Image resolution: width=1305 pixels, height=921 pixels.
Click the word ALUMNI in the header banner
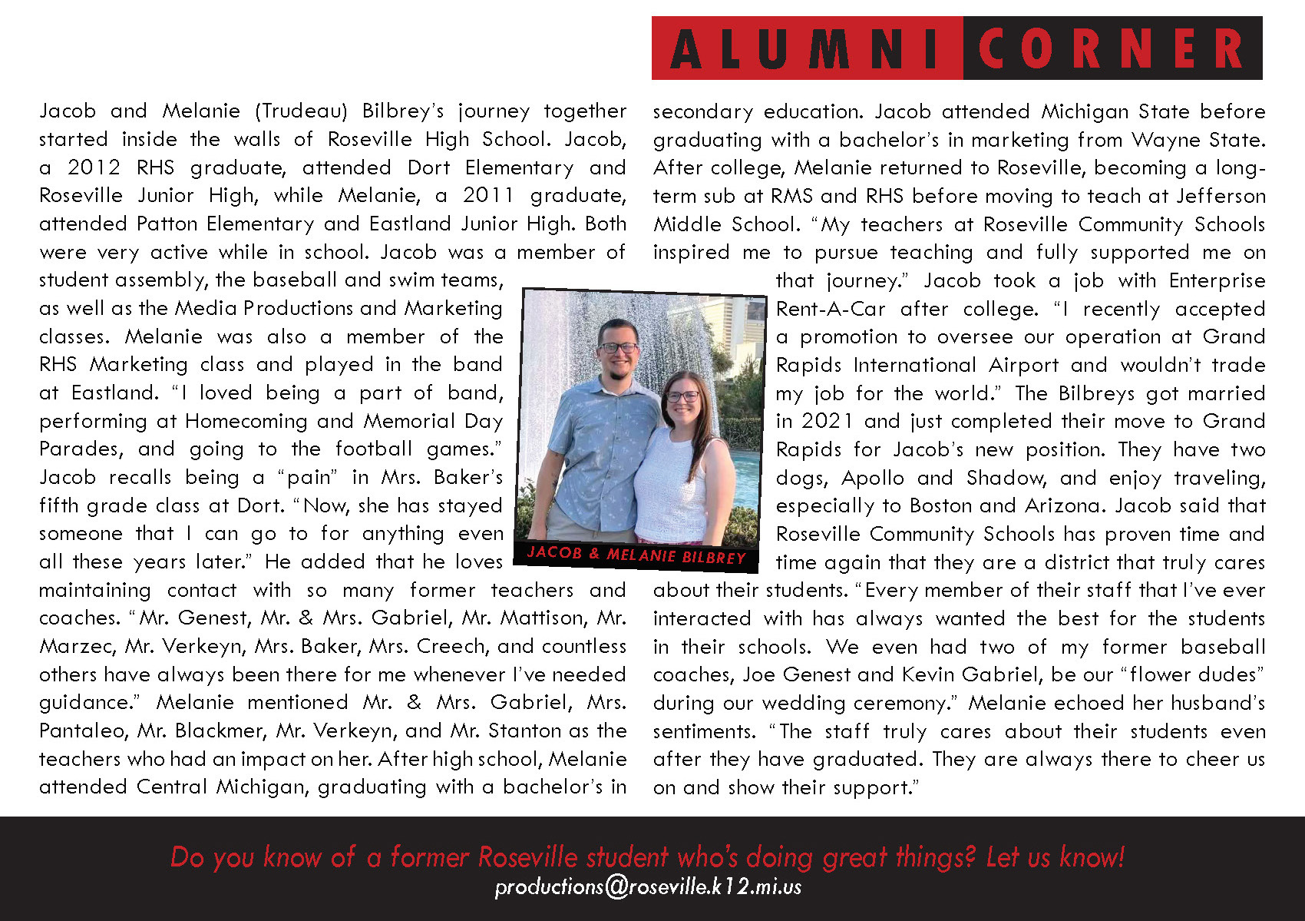[x=806, y=48]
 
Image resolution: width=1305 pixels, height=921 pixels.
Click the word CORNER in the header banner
[x=1111, y=48]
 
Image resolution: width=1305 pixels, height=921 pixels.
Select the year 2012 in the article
[x=94, y=167]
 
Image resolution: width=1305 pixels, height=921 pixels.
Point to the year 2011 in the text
[x=488, y=196]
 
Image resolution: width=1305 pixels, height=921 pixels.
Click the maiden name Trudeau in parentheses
[x=302, y=111]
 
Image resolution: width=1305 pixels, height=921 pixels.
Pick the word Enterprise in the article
[x=1217, y=280]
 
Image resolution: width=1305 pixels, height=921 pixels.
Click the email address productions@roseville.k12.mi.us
[x=649, y=887]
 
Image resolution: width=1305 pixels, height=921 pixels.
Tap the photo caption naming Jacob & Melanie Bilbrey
[x=636, y=555]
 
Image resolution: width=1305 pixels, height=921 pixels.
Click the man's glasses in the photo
[x=617, y=347]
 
